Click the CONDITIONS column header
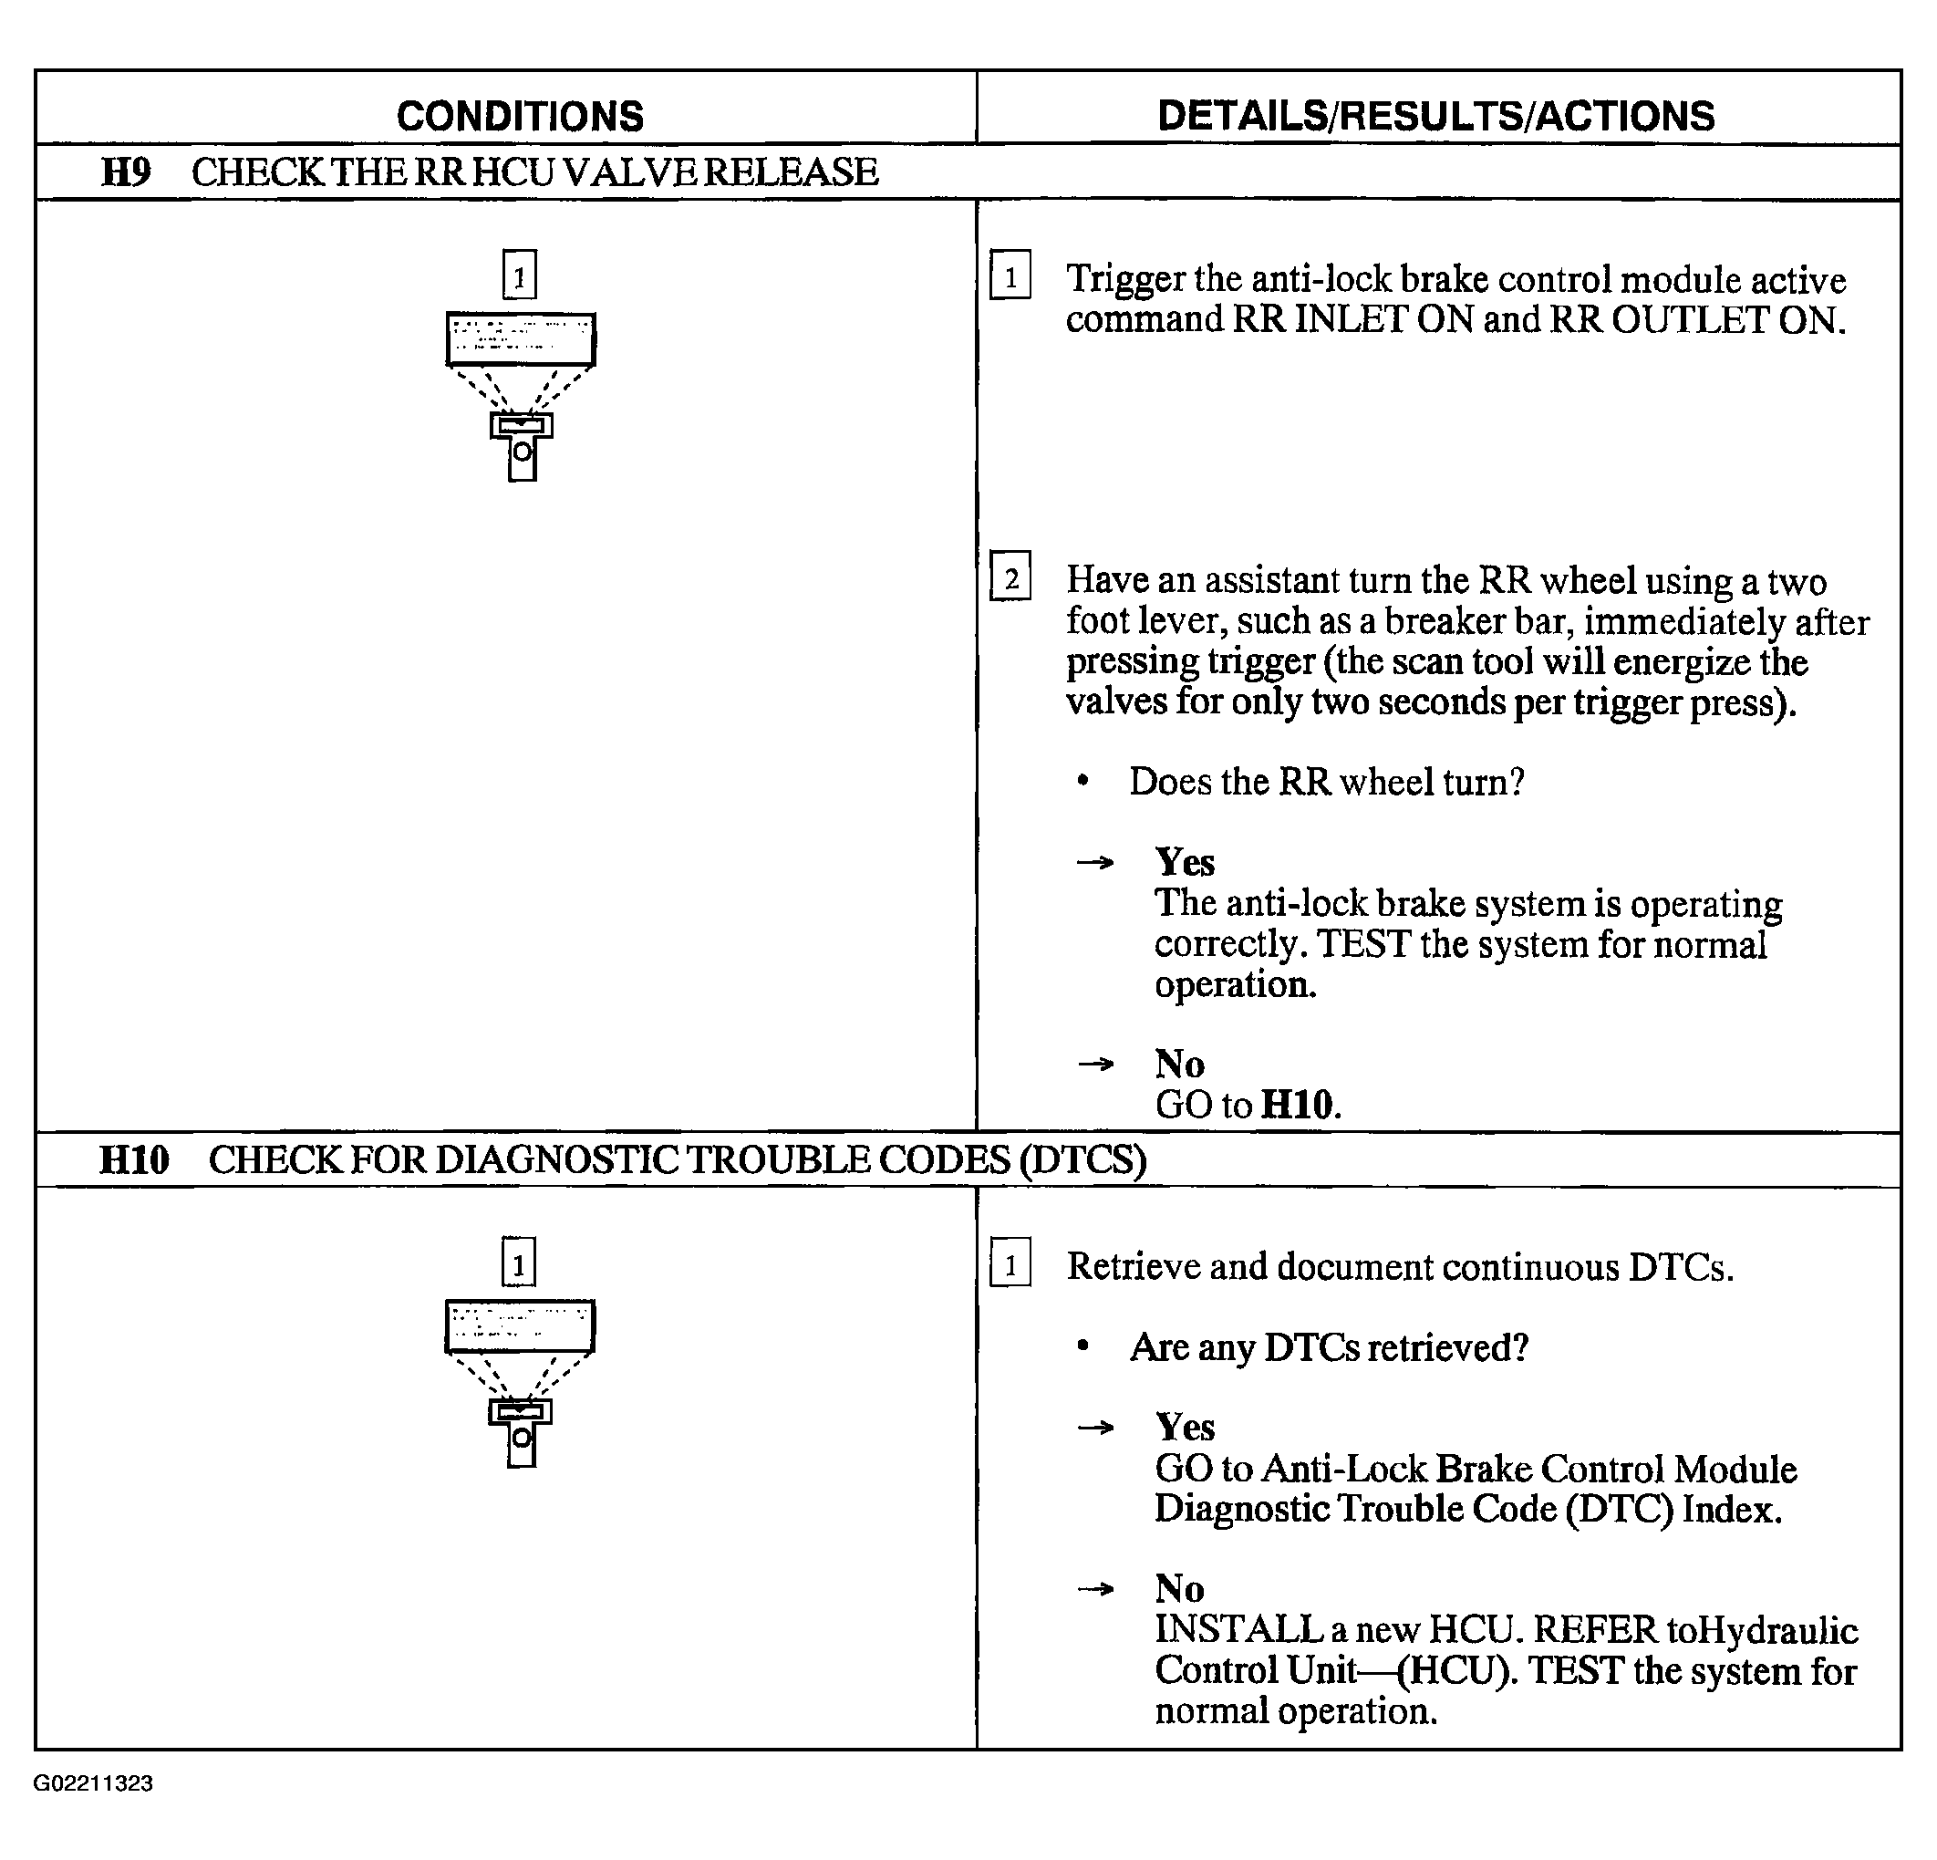coord(520,117)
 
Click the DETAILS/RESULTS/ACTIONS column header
coord(1436,117)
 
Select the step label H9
coord(126,173)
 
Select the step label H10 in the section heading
coord(134,1160)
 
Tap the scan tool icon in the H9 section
coord(521,395)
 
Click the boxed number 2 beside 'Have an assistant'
coord(1010,577)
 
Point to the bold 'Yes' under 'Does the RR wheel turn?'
coord(1184,863)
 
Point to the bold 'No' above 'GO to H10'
coord(1179,1065)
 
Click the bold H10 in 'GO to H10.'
coord(1299,1105)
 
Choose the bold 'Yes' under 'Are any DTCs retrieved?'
coord(1184,1427)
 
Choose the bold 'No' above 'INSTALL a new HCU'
coord(1179,1588)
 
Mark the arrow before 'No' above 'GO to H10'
coord(1095,1065)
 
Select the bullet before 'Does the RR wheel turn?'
coord(1083,782)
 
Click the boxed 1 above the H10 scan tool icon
coord(519,1263)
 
